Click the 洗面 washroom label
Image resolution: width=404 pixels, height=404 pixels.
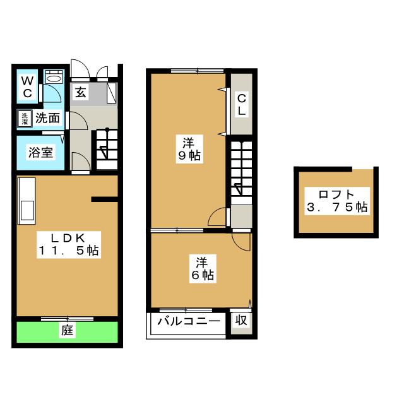coord(47,117)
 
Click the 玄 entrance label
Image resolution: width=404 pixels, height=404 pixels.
coord(81,92)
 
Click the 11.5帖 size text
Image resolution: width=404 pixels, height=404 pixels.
coord(67,250)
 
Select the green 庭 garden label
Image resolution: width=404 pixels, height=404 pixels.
coord(66,330)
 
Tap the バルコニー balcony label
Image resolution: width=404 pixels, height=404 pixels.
coord(188,321)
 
